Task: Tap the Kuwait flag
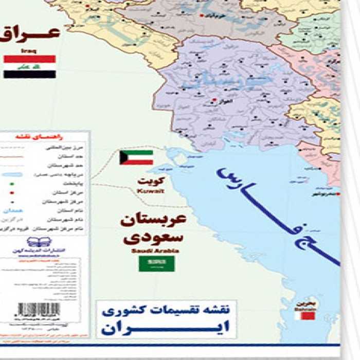coord(136,157)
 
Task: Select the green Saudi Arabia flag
coord(156,264)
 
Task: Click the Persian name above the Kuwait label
coord(153,182)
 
